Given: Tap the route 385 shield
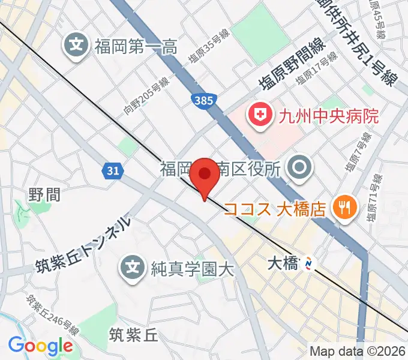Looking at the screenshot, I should (x=203, y=100).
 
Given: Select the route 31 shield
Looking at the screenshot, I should (x=111, y=172).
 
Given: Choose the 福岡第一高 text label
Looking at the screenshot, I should (x=135, y=46).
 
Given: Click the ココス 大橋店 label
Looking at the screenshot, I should (x=275, y=209).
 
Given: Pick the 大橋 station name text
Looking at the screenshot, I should (x=282, y=262).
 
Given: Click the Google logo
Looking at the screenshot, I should (x=40, y=346).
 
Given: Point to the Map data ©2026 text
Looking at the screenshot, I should (x=356, y=351).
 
